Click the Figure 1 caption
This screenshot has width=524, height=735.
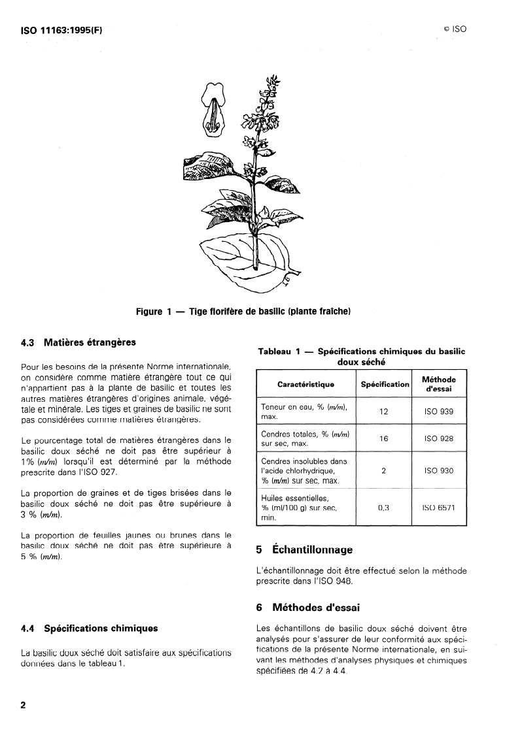pos(243,312)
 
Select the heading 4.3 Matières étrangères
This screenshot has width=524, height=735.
pos(78,342)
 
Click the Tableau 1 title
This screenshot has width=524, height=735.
pos(361,356)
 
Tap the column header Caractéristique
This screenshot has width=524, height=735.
pos(306,384)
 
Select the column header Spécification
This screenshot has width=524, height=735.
pos(385,384)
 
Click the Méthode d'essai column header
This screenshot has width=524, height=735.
pos(439,384)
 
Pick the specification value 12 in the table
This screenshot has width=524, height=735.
pos(385,412)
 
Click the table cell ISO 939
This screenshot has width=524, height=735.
pos(439,412)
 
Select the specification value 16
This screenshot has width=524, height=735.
pos(385,439)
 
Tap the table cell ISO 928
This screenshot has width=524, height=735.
pos(439,439)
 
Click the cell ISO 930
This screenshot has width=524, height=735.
pos(439,470)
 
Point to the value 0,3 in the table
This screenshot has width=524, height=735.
pos(385,507)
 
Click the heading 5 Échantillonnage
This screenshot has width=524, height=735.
pos(304,550)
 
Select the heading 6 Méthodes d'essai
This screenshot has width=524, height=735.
pos(307,608)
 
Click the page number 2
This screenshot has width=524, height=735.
pos(24,706)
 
